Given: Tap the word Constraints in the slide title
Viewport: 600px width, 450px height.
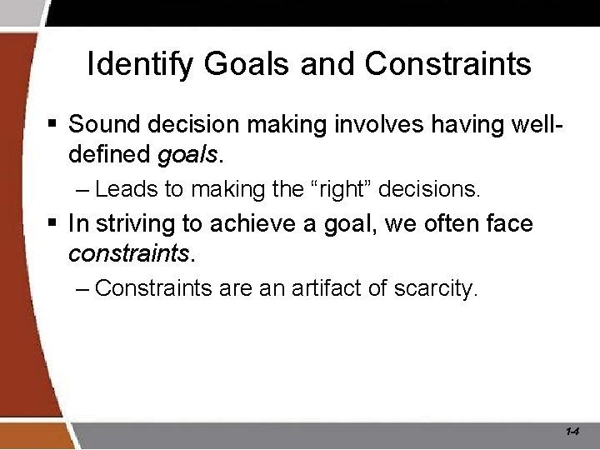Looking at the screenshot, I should (447, 64).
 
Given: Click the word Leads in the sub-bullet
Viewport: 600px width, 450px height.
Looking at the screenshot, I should (127, 189).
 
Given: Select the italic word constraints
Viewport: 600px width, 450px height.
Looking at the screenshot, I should (129, 253).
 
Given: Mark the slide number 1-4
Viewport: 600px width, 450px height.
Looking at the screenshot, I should (572, 432).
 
